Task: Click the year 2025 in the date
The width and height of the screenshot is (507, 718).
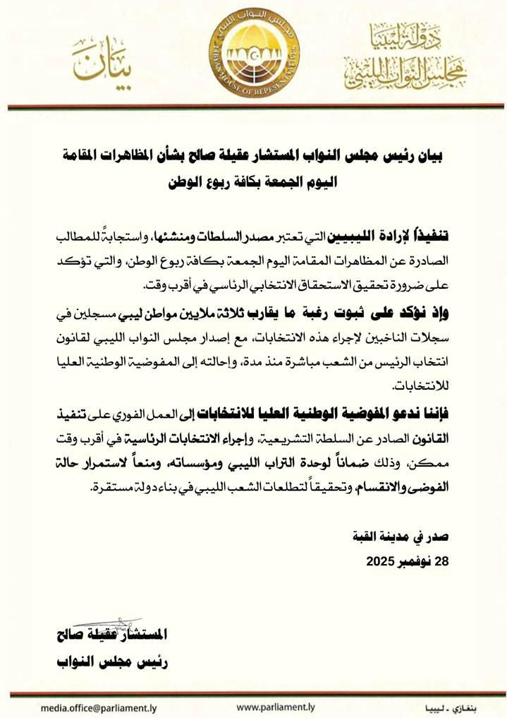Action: point(383,562)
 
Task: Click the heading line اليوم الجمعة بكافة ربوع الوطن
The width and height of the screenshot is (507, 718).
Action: point(254,181)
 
